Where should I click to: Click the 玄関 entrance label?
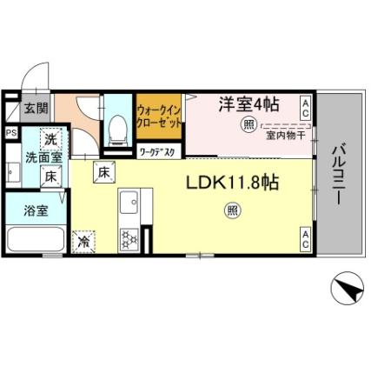point(36,109)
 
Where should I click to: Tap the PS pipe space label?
point(11,133)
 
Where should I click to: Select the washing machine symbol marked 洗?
point(50,139)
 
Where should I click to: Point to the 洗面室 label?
point(42,158)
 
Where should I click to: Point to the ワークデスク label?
point(157,152)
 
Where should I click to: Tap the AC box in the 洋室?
point(306,107)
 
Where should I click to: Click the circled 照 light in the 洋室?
point(249,124)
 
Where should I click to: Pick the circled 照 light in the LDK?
point(232,209)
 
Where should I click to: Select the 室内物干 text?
point(285,136)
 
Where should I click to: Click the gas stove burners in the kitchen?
point(129,237)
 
